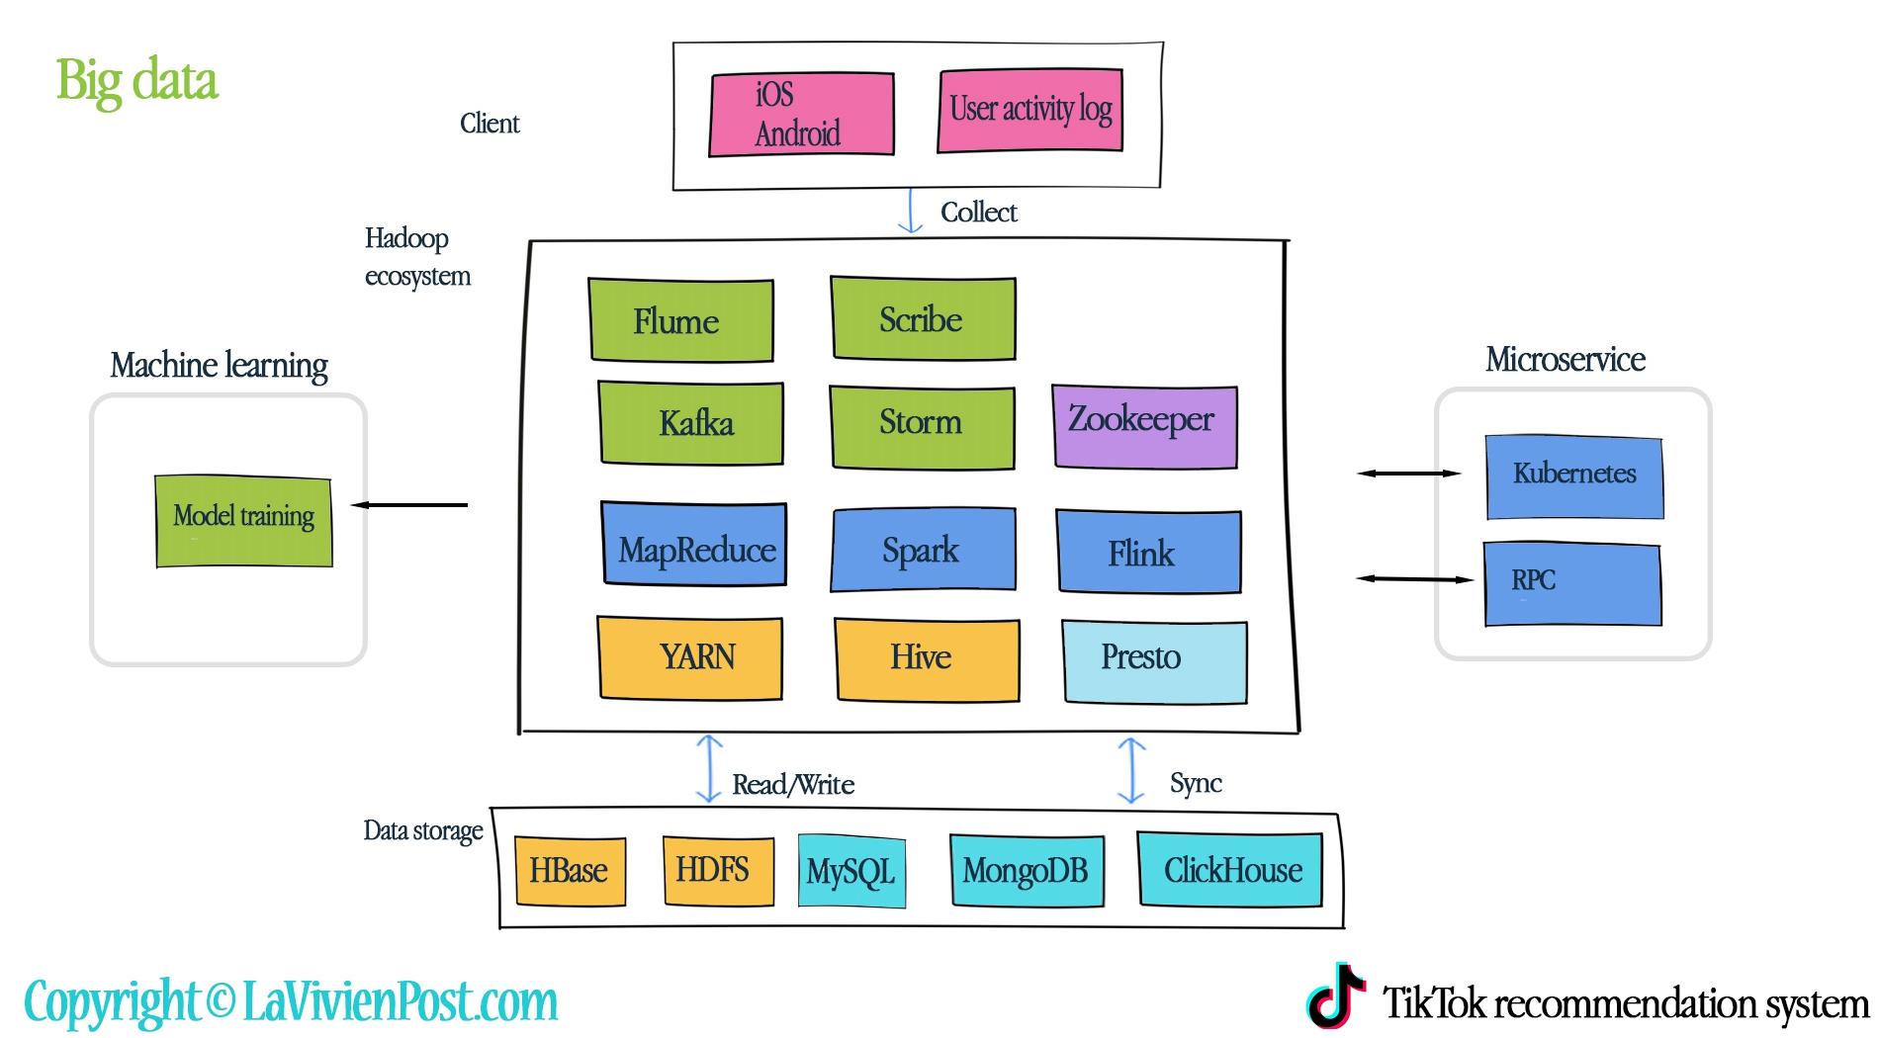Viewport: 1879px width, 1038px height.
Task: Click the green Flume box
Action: pyautogui.click(x=680, y=320)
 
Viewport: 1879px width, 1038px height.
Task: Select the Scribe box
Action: pyautogui.click(x=923, y=318)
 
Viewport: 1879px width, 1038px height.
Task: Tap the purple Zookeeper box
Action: pyautogui.click(x=1144, y=425)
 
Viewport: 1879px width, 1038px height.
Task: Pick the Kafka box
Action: pyautogui.click(x=691, y=423)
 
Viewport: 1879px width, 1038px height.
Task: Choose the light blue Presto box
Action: pyautogui.click(x=1154, y=661)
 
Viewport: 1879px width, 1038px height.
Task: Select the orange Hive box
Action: pyautogui.click(x=927, y=659)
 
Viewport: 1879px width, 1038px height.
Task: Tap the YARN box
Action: pyautogui.click(x=689, y=657)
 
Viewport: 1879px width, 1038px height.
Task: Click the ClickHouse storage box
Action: pyautogui.click(x=1230, y=869)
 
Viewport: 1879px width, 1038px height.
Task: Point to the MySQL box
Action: pyautogui.click(x=851, y=871)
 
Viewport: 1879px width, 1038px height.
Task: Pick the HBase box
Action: pyautogui.click(x=570, y=871)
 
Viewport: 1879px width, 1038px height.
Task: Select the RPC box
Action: pyautogui.click(x=1572, y=583)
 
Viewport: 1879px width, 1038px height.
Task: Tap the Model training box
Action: pyautogui.click(x=244, y=521)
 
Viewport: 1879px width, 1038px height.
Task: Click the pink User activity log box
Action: pyautogui.click(x=1029, y=110)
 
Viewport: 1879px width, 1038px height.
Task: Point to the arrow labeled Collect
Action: pyautogui.click(x=910, y=212)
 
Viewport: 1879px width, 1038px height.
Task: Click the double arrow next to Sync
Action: pyautogui.click(x=1130, y=770)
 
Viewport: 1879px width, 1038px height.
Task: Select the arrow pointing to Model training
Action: pyautogui.click(x=409, y=505)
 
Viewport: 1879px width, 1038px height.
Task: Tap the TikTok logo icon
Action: pyautogui.click(x=1336, y=995)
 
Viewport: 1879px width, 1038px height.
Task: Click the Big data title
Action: pyautogui.click(x=136, y=80)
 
